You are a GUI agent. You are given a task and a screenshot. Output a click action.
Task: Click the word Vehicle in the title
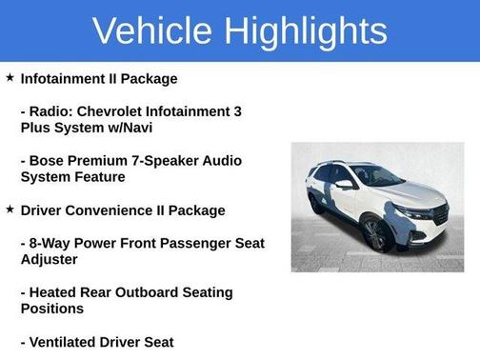point(151,31)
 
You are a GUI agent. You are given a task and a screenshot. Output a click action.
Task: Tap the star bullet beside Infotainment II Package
point(10,77)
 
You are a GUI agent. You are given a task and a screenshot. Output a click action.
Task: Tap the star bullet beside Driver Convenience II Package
point(10,209)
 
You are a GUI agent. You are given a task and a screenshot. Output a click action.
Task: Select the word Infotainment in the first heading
point(63,78)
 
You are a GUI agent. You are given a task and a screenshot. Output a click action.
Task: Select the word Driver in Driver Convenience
point(43,210)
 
